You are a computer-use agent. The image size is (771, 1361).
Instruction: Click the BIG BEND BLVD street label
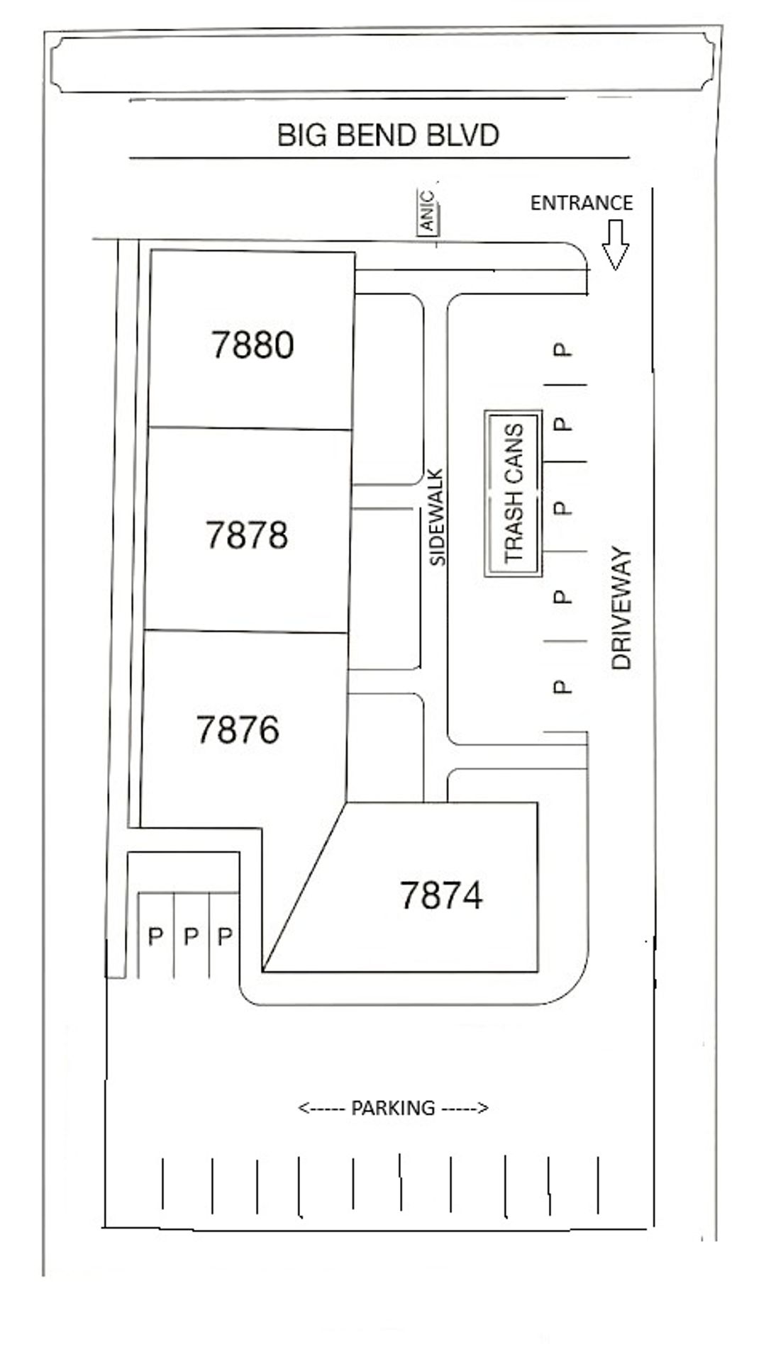click(388, 135)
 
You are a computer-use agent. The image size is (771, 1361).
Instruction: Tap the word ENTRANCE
click(582, 203)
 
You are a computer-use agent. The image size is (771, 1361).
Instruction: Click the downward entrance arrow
click(615, 245)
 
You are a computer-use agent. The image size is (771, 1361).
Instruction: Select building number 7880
click(253, 345)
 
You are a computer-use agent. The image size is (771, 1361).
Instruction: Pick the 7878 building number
click(247, 534)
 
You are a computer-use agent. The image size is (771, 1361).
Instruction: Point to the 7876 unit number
click(238, 730)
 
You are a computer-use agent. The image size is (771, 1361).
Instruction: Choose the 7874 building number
click(441, 895)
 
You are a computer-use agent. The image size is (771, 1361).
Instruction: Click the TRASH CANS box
click(513, 493)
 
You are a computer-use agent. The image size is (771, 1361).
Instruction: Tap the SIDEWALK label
click(438, 517)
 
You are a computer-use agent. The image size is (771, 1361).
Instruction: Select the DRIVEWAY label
click(621, 608)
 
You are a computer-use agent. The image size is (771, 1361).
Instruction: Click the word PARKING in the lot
click(393, 1107)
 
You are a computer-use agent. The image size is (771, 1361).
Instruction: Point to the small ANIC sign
click(427, 212)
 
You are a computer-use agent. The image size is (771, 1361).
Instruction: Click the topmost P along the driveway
click(562, 349)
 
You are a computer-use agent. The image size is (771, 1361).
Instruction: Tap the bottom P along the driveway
click(561, 687)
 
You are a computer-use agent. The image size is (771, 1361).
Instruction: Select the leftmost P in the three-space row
click(155, 937)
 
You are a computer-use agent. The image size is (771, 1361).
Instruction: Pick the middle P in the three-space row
click(190, 937)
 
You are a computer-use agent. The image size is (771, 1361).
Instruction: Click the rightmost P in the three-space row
click(224, 937)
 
